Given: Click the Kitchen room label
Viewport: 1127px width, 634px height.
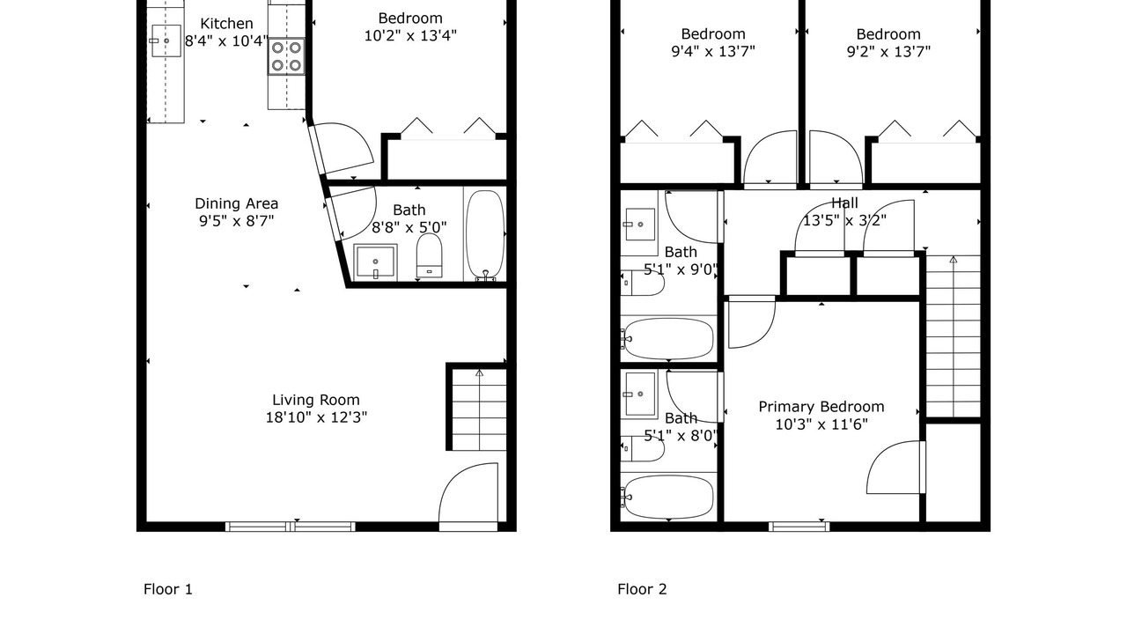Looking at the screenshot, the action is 226,24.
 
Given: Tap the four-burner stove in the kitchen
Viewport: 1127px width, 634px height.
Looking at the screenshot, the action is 286,56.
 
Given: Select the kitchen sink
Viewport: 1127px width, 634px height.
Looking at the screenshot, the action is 166,41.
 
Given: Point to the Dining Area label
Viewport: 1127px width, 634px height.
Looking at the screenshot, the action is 237,203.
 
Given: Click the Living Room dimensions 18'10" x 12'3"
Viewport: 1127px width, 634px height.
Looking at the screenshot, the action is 316,417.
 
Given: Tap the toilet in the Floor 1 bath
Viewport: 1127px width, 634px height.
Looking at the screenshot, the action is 429,255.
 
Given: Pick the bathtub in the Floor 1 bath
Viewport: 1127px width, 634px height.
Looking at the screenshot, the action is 485,235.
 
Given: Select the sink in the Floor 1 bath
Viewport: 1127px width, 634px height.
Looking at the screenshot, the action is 375,262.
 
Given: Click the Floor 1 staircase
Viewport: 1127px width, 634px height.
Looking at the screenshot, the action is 480,409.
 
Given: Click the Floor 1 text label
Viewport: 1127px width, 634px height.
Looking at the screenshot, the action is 168,589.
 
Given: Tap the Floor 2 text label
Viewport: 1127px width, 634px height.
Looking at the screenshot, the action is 642,589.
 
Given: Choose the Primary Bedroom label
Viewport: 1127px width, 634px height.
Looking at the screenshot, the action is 821,407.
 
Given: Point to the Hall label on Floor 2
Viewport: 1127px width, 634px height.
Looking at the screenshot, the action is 844,203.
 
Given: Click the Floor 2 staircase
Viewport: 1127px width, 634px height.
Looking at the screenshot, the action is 954,336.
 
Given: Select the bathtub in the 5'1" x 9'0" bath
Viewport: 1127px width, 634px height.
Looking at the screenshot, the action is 668,339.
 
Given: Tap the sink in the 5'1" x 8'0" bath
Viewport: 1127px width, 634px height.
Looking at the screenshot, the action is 639,394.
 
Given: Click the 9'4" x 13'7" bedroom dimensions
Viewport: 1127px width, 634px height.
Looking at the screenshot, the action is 713,52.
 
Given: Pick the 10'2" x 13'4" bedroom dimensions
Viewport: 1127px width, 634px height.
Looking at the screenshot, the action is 410,36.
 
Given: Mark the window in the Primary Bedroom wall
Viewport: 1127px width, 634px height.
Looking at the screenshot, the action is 799,527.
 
